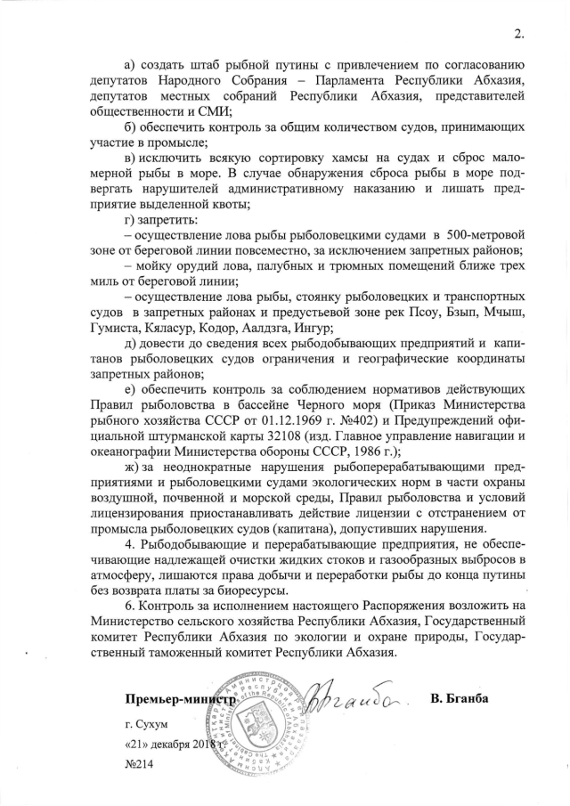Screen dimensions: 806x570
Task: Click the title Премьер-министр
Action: pos(182,699)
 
